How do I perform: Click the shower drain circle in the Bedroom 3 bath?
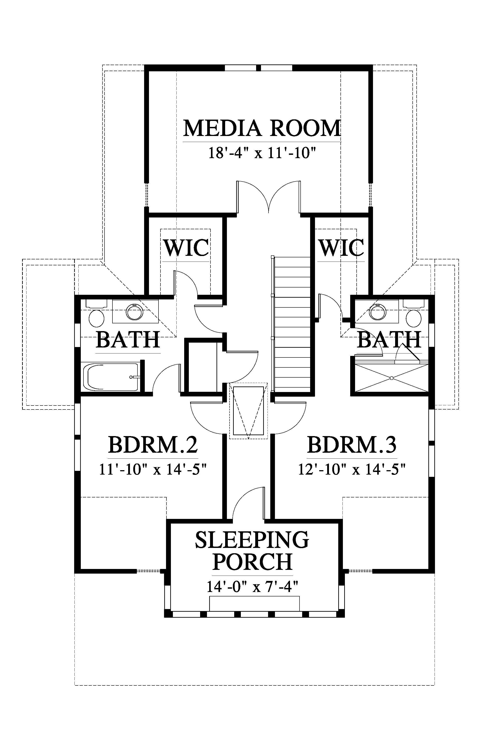(x=392, y=378)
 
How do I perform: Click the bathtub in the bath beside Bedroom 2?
(x=111, y=377)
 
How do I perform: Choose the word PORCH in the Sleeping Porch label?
(x=252, y=562)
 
